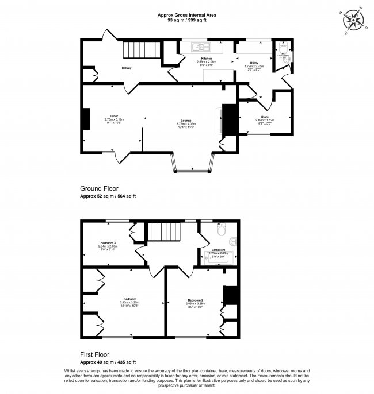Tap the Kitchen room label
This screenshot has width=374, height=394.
coord(206,59)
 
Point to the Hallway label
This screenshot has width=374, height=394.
coord(126,68)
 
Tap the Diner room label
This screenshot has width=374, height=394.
coord(114,115)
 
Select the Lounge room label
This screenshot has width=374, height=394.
coord(188,121)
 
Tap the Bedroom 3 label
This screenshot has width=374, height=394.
coord(108,242)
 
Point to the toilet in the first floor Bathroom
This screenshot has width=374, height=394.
coord(222,232)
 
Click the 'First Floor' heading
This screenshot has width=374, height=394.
coord(95,354)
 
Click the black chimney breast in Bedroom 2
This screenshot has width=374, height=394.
coord(231,295)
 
